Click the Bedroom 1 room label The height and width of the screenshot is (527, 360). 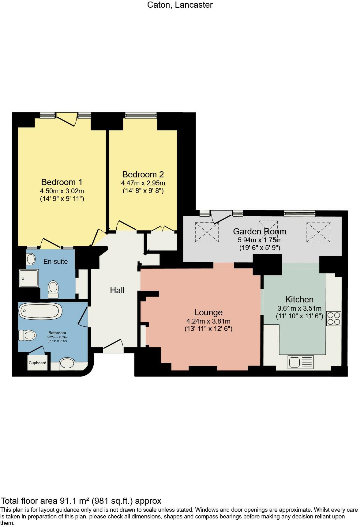click(x=62, y=182)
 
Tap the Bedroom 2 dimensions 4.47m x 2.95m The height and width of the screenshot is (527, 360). click(x=143, y=183)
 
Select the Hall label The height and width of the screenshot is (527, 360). click(x=117, y=290)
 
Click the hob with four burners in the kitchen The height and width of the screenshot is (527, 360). click(x=334, y=318)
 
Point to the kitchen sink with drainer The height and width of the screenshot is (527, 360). click(x=301, y=362)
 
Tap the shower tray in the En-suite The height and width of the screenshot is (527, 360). click(x=28, y=278)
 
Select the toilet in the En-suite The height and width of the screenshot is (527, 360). click(x=53, y=289)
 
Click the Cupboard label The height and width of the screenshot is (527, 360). click(x=37, y=363)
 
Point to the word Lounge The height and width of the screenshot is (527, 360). click(x=208, y=312)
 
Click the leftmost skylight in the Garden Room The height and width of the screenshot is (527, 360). click(x=207, y=232)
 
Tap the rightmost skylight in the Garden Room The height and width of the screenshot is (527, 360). click(x=318, y=232)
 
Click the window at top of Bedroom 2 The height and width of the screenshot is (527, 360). click(x=141, y=116)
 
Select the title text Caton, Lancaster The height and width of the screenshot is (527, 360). click(x=180, y=5)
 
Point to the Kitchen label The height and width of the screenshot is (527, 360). click(x=299, y=299)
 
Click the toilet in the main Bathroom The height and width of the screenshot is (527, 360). click(x=27, y=335)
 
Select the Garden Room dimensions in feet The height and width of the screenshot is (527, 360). click(x=260, y=248)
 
